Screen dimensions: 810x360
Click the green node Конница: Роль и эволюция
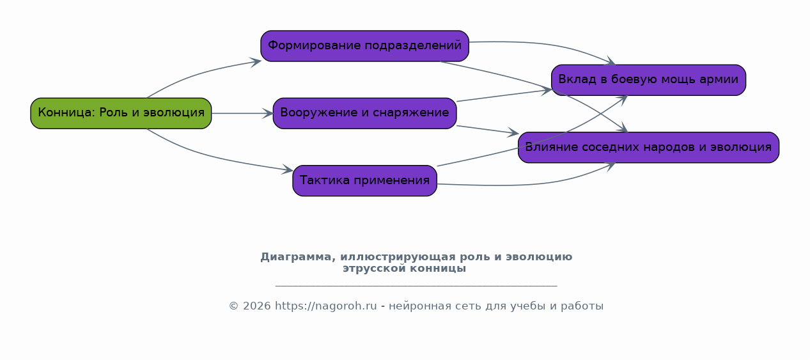pyautogui.click(x=121, y=113)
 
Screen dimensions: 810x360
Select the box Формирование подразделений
pyautogui.click(x=364, y=46)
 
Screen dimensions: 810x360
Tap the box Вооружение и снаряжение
pyautogui.click(x=364, y=113)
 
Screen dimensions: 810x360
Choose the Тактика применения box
pyautogui.click(x=364, y=180)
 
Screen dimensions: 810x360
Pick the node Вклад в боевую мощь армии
pyautogui.click(x=648, y=80)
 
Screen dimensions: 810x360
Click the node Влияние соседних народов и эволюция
pyautogui.click(x=648, y=147)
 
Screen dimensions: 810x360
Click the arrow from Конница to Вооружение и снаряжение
pyautogui.click(x=242, y=113)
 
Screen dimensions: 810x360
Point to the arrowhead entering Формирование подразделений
pyautogui.click(x=256, y=62)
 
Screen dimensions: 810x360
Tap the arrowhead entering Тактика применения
pyautogui.click(x=288, y=169)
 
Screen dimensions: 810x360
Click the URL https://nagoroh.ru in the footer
pyautogui.click(x=326, y=306)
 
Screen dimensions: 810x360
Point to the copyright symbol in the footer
pyautogui.click(x=233, y=306)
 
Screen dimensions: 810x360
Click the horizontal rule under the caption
pyautogui.click(x=416, y=286)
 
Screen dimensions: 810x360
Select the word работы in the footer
pyautogui.click(x=582, y=306)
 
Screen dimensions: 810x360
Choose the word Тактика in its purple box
pyautogui.click(x=325, y=180)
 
